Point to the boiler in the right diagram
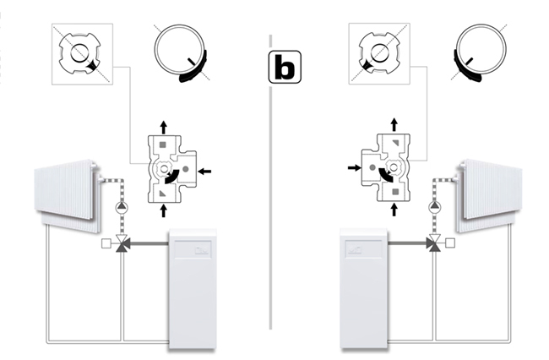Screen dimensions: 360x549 364,287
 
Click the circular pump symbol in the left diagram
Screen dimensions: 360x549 121,205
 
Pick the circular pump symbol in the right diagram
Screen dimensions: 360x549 434,205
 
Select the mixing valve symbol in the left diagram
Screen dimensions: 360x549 122,245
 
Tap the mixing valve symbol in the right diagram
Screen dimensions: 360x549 433,245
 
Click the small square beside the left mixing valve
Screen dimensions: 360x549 106,245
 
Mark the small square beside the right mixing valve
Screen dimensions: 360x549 450,245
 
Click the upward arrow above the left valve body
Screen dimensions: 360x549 164,126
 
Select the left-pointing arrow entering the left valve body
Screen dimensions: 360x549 204,172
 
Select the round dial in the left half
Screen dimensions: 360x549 179,52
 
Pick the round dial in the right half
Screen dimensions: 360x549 480,52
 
